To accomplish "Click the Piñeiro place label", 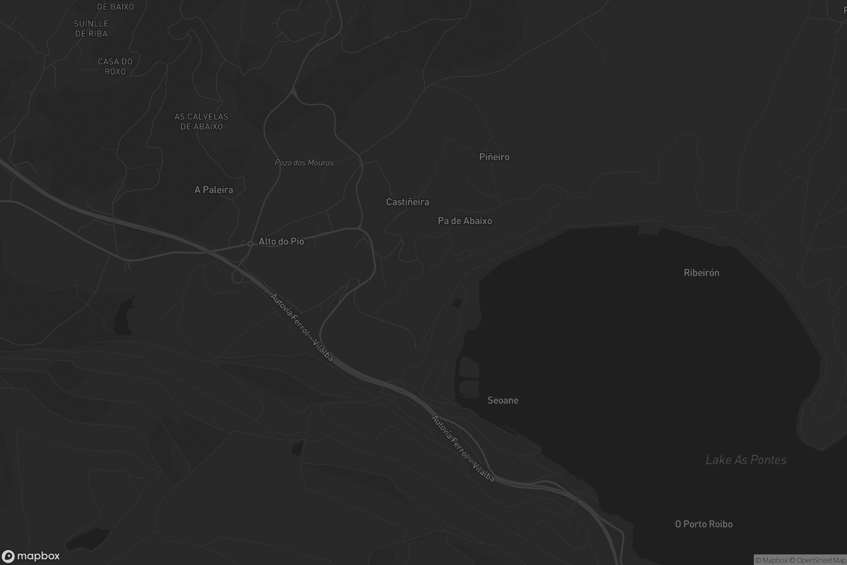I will (494, 157).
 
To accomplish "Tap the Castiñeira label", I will (407, 202).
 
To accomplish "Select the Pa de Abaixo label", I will (464, 220).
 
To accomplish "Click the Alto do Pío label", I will (281, 241).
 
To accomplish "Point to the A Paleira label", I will (214, 190).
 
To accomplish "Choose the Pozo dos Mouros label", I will (304, 162).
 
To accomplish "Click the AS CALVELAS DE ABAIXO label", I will (201, 121).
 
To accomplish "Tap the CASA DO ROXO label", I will (115, 66).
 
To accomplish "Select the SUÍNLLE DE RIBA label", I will (91, 29).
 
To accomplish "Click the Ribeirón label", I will (701, 273).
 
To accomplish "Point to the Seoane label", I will (503, 400).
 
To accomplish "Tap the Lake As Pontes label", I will (746, 460).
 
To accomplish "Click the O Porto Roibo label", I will (703, 524).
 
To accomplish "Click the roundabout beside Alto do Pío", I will (250, 244).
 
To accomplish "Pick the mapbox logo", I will (31, 556).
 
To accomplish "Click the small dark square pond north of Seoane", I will (457, 303).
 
